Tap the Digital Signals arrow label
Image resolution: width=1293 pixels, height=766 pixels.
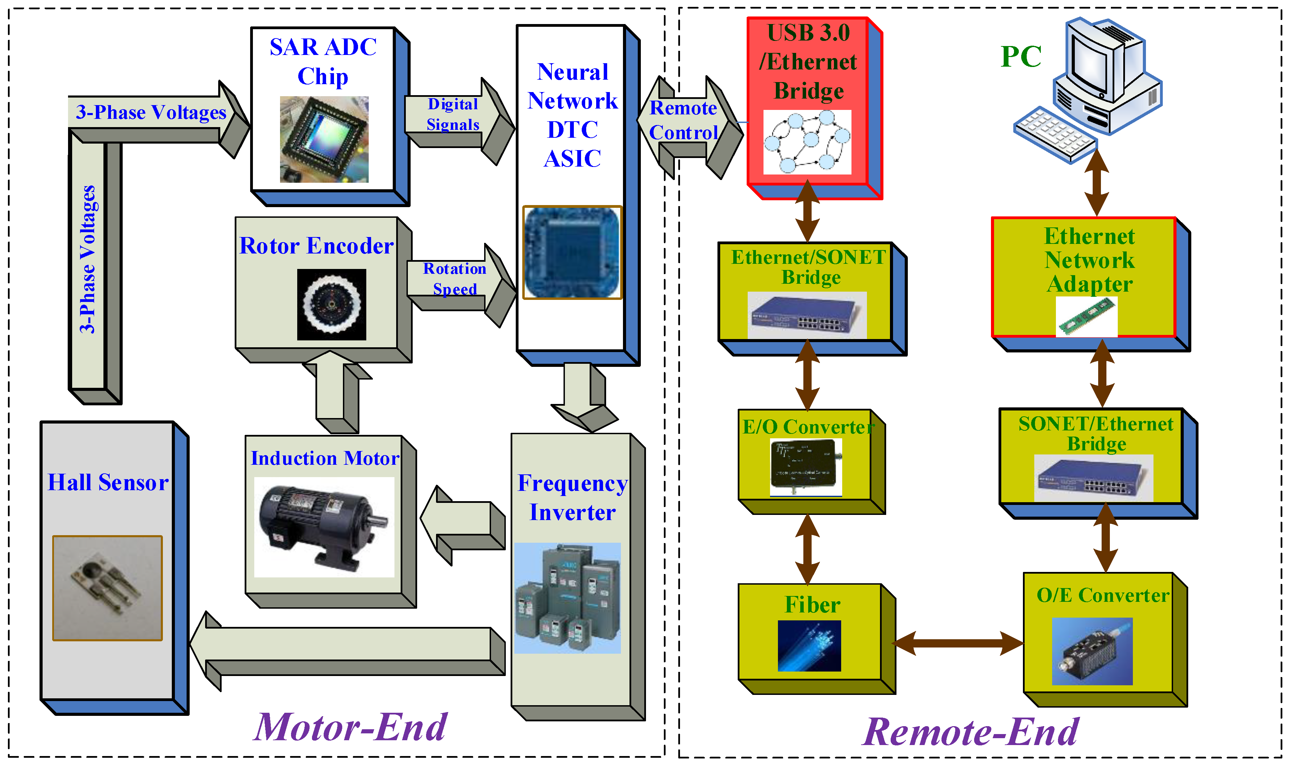453,114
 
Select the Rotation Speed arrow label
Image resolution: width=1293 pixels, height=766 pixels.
454,278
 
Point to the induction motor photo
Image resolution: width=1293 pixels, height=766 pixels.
324,527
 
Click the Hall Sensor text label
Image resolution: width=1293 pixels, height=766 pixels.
108,482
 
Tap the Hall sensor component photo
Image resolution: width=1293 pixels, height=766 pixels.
107,588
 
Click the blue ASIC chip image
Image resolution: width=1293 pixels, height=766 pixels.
572,252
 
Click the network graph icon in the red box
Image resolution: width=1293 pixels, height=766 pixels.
807,142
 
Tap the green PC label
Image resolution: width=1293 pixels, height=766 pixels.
1021,56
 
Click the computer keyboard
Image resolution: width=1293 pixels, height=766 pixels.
1055,134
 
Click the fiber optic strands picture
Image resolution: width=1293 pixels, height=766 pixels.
809,646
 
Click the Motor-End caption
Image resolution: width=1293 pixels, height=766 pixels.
350,727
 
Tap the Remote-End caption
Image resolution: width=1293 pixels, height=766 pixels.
970,732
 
